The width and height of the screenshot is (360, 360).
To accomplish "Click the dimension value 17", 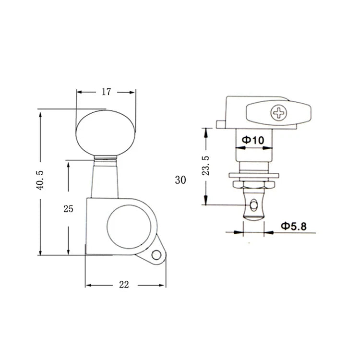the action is coord(106,92).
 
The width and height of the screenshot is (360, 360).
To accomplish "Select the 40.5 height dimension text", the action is coord(40,180).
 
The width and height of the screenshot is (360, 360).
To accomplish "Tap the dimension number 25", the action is coord(68,209).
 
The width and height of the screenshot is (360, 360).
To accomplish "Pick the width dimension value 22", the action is coord(124,285).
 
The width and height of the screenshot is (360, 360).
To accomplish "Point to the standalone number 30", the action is coord(180,180).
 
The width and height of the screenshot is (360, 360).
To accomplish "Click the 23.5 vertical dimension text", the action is coord(206,166).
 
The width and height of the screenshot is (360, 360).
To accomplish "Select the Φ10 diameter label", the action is coord(253,140).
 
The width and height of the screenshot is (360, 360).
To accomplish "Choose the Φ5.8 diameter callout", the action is coord(294,227).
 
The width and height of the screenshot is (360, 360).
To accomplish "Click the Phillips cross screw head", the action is coord(279,113).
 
